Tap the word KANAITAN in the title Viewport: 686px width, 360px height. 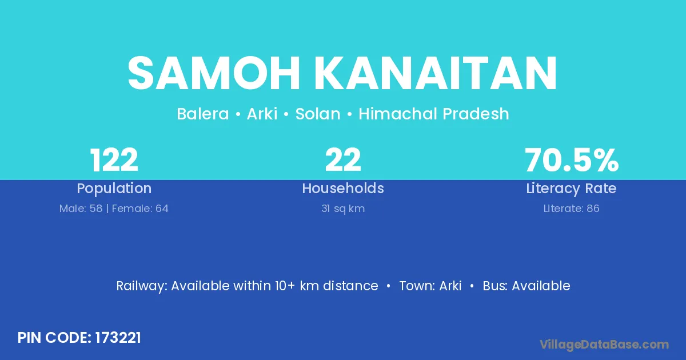tap(436, 73)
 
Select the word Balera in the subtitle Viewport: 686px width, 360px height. tap(203, 114)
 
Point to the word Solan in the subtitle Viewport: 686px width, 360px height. tap(318, 114)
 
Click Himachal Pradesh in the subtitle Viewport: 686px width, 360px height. tap(434, 114)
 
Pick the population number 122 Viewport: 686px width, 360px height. tap(114, 160)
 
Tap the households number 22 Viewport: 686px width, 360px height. tap(343, 160)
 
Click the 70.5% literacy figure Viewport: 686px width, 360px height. tap(572, 160)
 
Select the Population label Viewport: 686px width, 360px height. tap(114, 189)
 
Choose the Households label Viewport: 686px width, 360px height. tap(343, 188)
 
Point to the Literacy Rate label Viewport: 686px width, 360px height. tap(571, 189)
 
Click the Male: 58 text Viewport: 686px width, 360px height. tap(81, 209)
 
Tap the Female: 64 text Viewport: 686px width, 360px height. tap(140, 209)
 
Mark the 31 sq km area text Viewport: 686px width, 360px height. tap(343, 209)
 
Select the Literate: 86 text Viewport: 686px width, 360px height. tap(571, 209)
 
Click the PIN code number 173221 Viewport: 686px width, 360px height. tap(118, 338)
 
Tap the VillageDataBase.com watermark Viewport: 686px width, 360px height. tap(604, 345)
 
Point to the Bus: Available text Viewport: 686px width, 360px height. tap(527, 286)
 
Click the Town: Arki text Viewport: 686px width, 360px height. tap(430, 286)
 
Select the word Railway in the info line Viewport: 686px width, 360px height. tap(141, 286)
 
